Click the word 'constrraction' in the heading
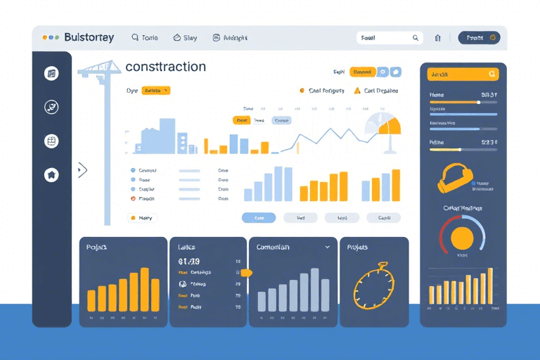coord(165,67)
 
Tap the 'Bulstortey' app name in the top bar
coord(88,37)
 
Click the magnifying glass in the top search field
coord(416,38)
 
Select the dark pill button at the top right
coord(479,38)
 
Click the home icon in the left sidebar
coord(51,175)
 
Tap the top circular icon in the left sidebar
coord(51,73)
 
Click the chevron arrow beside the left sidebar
coord(82,169)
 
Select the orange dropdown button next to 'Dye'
coord(155,91)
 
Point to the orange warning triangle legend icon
coord(357,91)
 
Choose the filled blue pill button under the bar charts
coord(259,218)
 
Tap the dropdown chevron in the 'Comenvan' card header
coord(327,247)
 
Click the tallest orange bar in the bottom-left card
coord(145,289)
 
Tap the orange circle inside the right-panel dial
coord(462,237)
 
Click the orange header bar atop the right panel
coord(463,74)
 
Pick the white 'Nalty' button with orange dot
coord(143,218)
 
